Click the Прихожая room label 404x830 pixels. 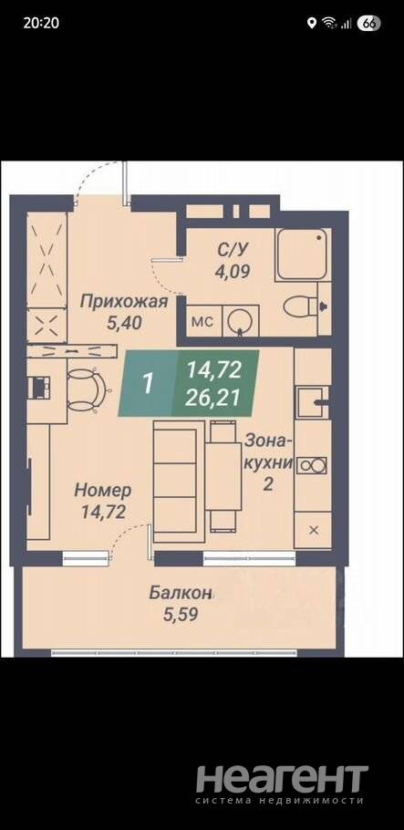pyautogui.click(x=124, y=302)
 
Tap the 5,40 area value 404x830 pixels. pyautogui.click(x=124, y=322)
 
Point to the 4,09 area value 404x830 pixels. pyautogui.click(x=232, y=271)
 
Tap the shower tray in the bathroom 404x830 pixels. pyautogui.click(x=303, y=254)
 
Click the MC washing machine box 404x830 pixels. pyautogui.click(x=202, y=321)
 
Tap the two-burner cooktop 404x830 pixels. pyautogui.click(x=313, y=466)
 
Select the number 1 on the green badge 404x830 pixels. pyautogui.click(x=149, y=384)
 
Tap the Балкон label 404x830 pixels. pyautogui.click(x=180, y=592)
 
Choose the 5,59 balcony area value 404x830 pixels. pyautogui.click(x=181, y=614)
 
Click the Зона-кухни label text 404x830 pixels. pyautogui.click(x=268, y=451)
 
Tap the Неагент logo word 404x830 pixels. pyautogui.click(x=282, y=778)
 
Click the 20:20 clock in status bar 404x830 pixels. pyautogui.click(x=41, y=23)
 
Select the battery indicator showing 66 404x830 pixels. pyautogui.click(x=369, y=23)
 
